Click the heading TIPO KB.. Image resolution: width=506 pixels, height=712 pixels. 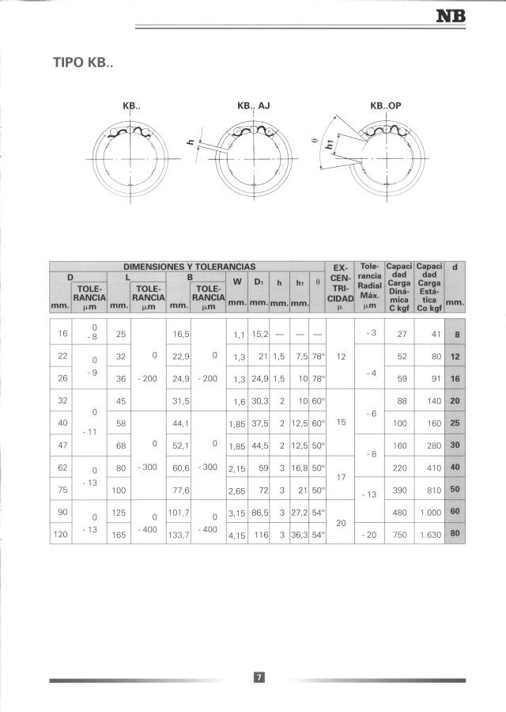click(x=83, y=62)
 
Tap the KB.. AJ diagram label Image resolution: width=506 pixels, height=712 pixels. click(x=253, y=105)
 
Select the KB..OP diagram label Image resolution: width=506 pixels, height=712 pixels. click(x=391, y=105)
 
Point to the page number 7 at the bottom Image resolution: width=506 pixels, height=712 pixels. click(x=258, y=676)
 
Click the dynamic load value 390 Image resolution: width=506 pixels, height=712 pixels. click(x=401, y=490)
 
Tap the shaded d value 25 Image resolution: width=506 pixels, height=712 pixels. click(x=455, y=423)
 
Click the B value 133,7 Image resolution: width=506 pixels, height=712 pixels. click(x=180, y=535)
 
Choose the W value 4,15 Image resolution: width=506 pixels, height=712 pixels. click(x=237, y=535)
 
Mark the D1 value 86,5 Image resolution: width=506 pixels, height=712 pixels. click(x=259, y=513)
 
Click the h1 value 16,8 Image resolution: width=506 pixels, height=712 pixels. click(x=300, y=468)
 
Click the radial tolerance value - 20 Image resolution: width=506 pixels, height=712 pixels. click(x=368, y=535)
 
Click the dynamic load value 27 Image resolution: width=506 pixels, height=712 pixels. click(x=402, y=334)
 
